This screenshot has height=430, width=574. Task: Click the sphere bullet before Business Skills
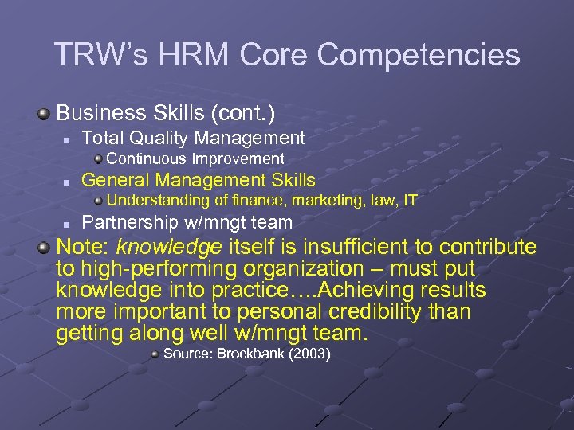(x=45, y=113)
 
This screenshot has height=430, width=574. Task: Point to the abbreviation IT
(x=410, y=201)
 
